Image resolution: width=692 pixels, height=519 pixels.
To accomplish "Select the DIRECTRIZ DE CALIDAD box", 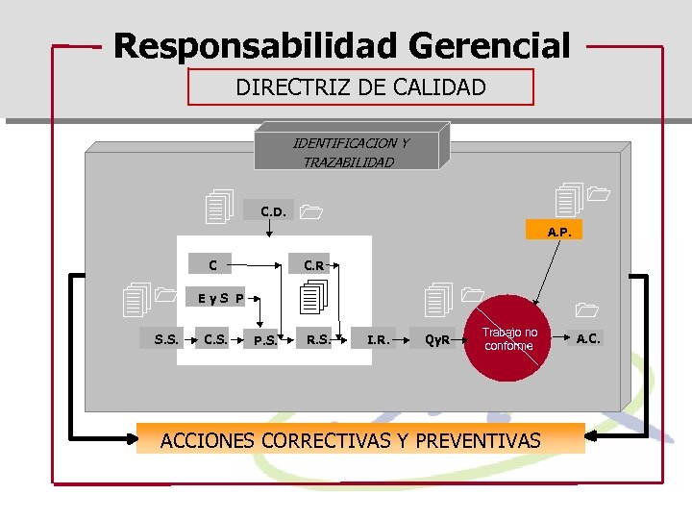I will pos(360,87).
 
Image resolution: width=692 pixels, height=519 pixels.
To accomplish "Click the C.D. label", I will pos(272,210).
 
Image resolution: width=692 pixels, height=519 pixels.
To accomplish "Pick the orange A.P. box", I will pos(558,231).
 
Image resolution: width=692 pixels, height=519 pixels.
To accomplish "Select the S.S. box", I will pos(165,337).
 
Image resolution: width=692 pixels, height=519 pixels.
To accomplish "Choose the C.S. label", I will pos(215,337).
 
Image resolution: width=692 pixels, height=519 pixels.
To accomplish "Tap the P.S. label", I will pos(265,339).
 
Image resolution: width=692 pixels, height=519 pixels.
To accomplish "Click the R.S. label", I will pos(318,337).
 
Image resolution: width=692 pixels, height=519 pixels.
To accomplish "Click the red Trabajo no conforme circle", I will pos(510,338).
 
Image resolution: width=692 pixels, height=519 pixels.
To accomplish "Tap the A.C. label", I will pos(587,337).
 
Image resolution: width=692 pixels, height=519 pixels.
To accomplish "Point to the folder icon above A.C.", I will pos(585,309).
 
